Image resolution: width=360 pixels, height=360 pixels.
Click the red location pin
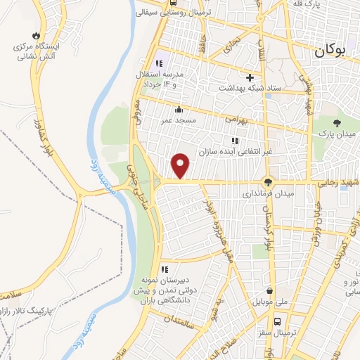(181, 165)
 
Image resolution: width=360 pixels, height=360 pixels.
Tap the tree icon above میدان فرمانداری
(266, 179)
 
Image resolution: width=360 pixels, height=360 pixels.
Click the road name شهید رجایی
(336, 182)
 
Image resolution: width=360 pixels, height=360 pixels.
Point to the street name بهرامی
(238, 120)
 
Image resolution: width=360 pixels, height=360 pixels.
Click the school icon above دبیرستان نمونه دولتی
(165, 269)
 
